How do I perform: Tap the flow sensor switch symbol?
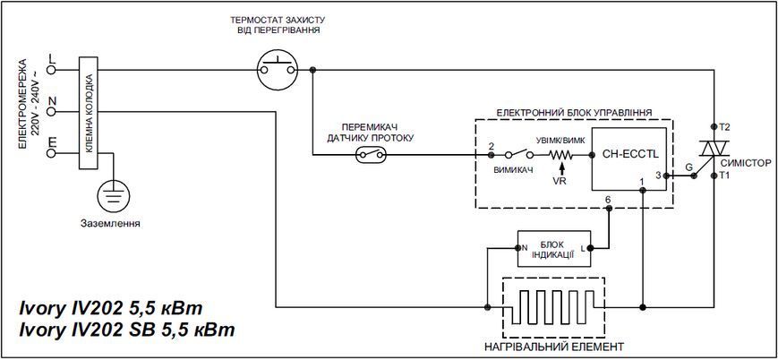[371, 156]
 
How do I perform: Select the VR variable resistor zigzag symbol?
[560, 156]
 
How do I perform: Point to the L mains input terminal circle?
[51, 70]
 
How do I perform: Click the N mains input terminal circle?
[51, 112]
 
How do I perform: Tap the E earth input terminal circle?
[51, 153]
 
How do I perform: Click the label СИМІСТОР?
[749, 163]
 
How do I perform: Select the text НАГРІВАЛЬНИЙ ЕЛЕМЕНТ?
[553, 346]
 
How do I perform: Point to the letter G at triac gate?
[688, 167]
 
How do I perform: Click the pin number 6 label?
[608, 199]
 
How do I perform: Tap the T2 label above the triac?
[724, 126]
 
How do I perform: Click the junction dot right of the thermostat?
[312, 71]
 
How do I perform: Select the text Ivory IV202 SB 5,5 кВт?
[127, 330]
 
